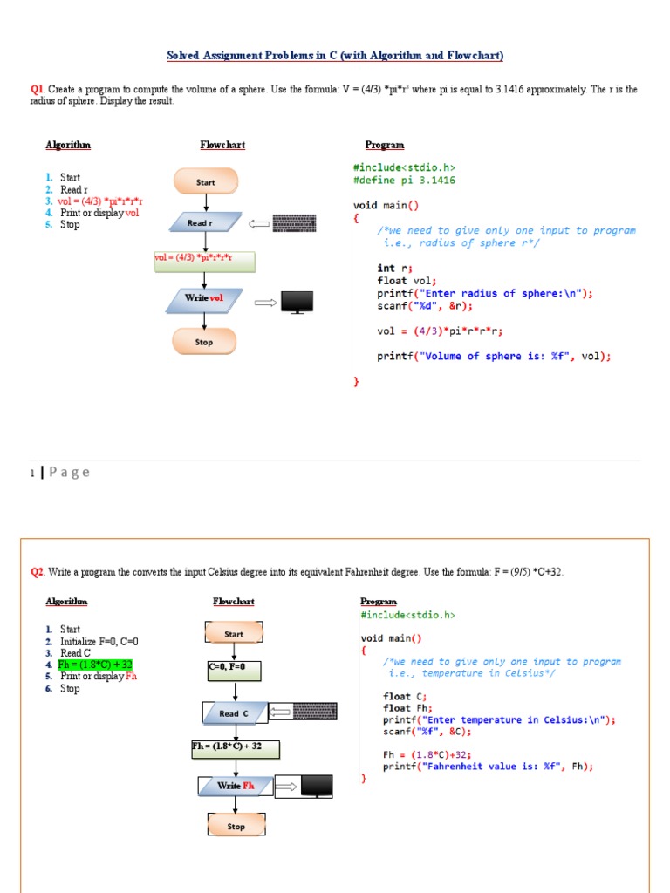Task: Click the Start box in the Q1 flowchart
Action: click(205, 182)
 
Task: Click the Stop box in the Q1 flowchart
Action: click(204, 342)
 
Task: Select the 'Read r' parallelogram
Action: click(200, 223)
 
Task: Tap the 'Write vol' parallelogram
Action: click(203, 299)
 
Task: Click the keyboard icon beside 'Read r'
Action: click(294, 223)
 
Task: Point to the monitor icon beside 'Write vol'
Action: click(297, 302)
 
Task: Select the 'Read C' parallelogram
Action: click(234, 713)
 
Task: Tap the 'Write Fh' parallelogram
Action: click(236, 786)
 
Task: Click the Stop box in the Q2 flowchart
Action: click(236, 826)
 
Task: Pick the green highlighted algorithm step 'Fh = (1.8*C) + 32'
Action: click(95, 665)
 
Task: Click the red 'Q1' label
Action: click(37, 89)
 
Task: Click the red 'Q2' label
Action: click(37, 572)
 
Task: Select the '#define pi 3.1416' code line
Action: click(404, 181)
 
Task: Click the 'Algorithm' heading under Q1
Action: click(68, 145)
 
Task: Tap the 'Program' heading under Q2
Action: click(378, 602)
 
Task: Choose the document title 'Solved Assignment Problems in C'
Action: click(335, 56)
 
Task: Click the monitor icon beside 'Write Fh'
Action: click(316, 786)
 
